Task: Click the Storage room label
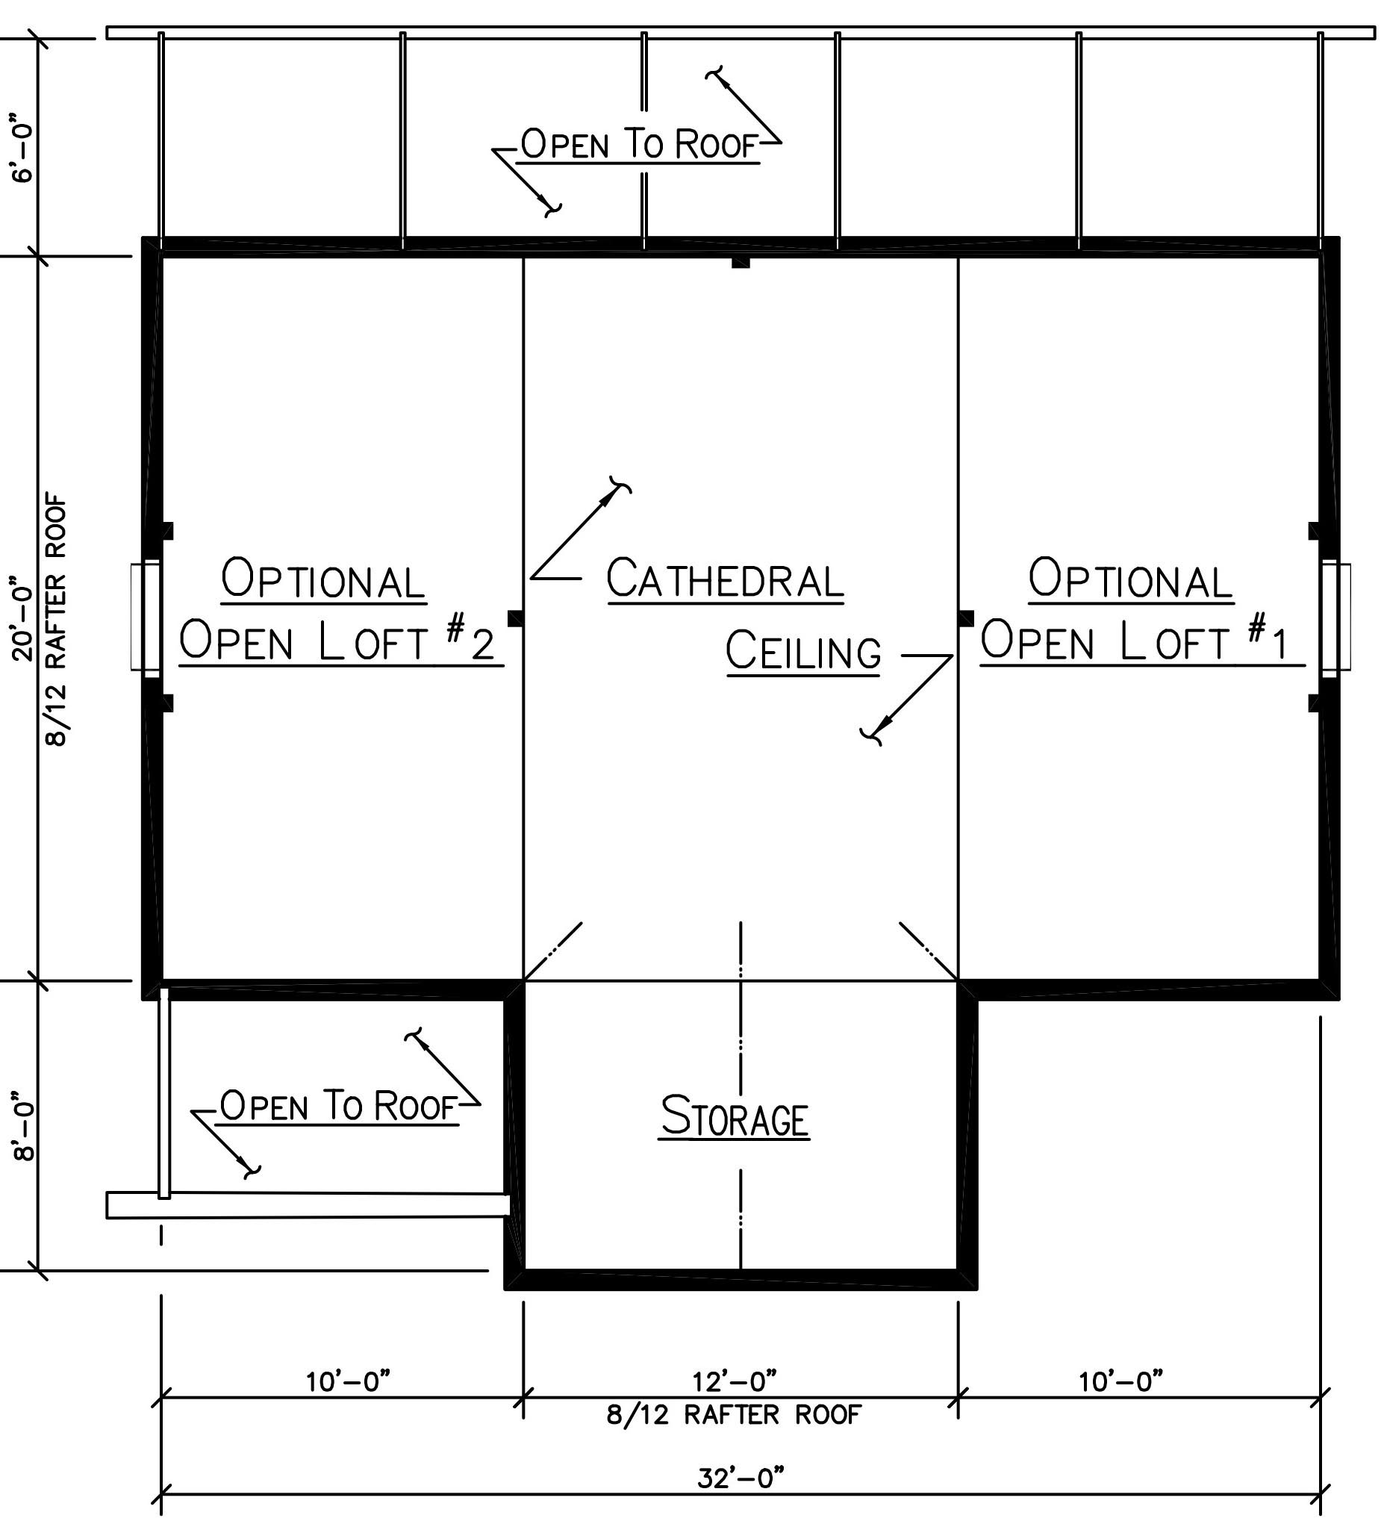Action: pyautogui.click(x=735, y=1116)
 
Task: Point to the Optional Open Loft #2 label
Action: pyautogui.click(x=340, y=611)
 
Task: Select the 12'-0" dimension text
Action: pyautogui.click(x=735, y=1381)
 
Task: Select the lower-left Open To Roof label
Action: pyautogui.click(x=339, y=1105)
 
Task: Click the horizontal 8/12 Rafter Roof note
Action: pyautogui.click(x=734, y=1414)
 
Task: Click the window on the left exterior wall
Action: pyautogui.click(x=145, y=615)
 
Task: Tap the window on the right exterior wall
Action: pyautogui.click(x=1336, y=615)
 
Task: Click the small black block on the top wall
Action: pyautogui.click(x=740, y=262)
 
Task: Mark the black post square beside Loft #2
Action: pyautogui.click(x=516, y=618)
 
